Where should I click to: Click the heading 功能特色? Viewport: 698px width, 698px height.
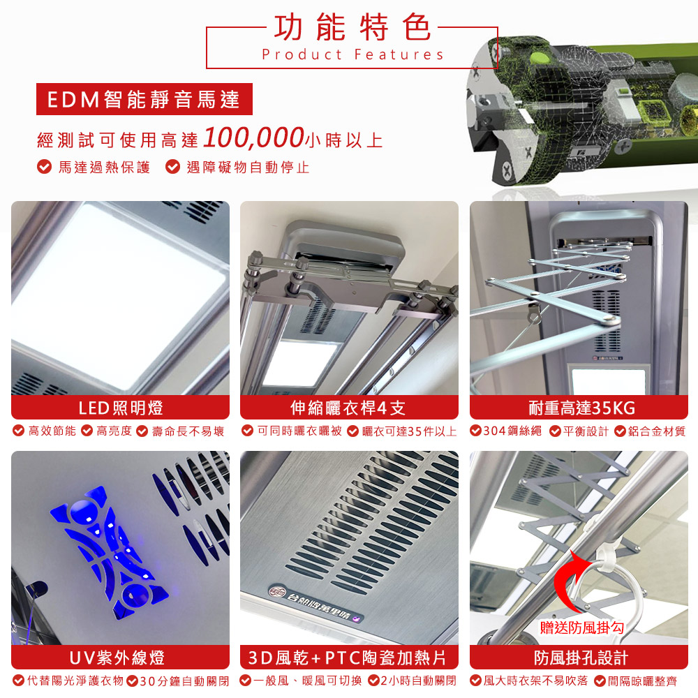click(x=352, y=27)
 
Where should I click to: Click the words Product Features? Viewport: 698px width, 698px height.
click(x=352, y=54)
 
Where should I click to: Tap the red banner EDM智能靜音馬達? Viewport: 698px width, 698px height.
click(x=144, y=100)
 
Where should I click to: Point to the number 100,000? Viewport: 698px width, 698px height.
click(x=253, y=138)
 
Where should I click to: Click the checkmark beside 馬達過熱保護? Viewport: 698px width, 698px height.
click(x=43, y=168)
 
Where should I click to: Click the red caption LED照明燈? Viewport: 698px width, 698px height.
click(x=120, y=407)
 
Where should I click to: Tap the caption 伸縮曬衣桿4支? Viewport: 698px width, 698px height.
click(x=348, y=407)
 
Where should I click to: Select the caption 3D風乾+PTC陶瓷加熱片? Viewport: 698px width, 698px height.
click(x=348, y=658)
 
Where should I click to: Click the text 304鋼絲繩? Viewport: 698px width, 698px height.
click(x=513, y=431)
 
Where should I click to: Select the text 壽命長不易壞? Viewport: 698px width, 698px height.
click(x=186, y=431)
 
